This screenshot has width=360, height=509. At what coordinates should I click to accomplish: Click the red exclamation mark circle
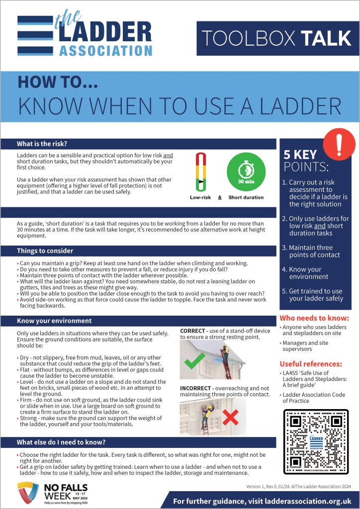(339, 144)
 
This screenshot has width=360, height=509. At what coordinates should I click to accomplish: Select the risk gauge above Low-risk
(200, 172)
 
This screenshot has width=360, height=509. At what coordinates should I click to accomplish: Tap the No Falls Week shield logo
(27, 493)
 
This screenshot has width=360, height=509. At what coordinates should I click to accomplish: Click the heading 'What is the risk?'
(42, 144)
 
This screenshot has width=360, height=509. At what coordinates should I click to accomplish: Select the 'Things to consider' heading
(45, 251)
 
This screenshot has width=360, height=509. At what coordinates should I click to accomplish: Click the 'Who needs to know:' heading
(314, 318)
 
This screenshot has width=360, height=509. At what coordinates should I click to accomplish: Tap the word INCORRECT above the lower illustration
(198, 387)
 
